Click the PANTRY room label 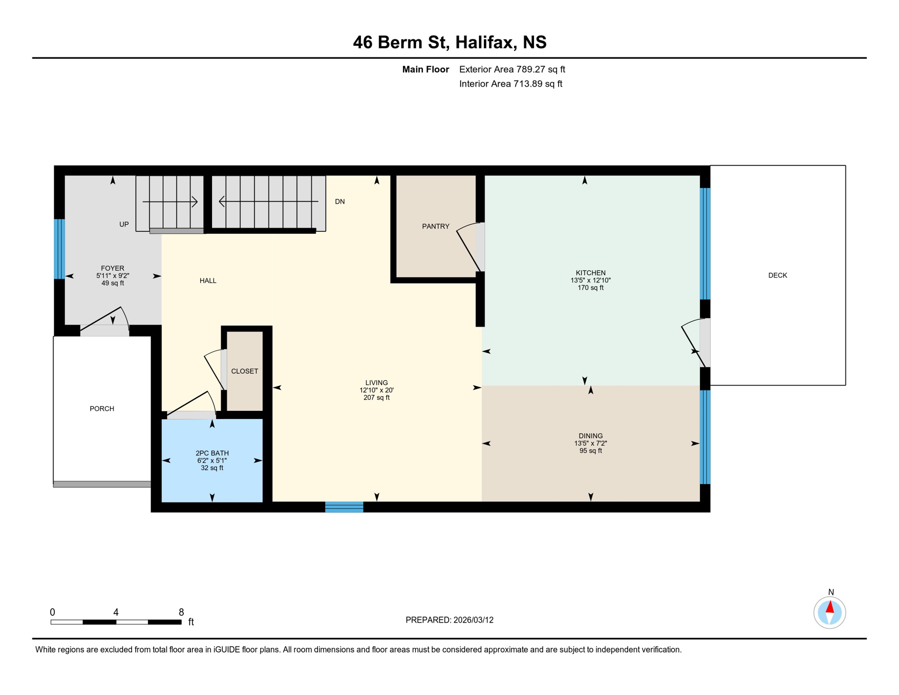[x=435, y=226]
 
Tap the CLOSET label [x=245, y=371]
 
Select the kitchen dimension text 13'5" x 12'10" [x=590, y=280]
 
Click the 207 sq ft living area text [x=376, y=398]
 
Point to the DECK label [x=777, y=275]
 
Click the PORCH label [x=102, y=409]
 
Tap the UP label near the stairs [x=124, y=224]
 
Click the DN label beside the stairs [x=340, y=202]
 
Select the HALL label [x=208, y=281]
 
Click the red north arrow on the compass [x=830, y=607]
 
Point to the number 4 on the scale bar [x=116, y=612]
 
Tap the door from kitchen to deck [x=705, y=343]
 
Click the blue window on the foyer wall [x=59, y=249]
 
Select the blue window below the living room [x=344, y=507]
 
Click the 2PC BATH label [x=212, y=453]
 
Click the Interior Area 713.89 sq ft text [x=511, y=84]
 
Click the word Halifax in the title [x=485, y=42]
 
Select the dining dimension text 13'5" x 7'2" [x=590, y=443]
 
